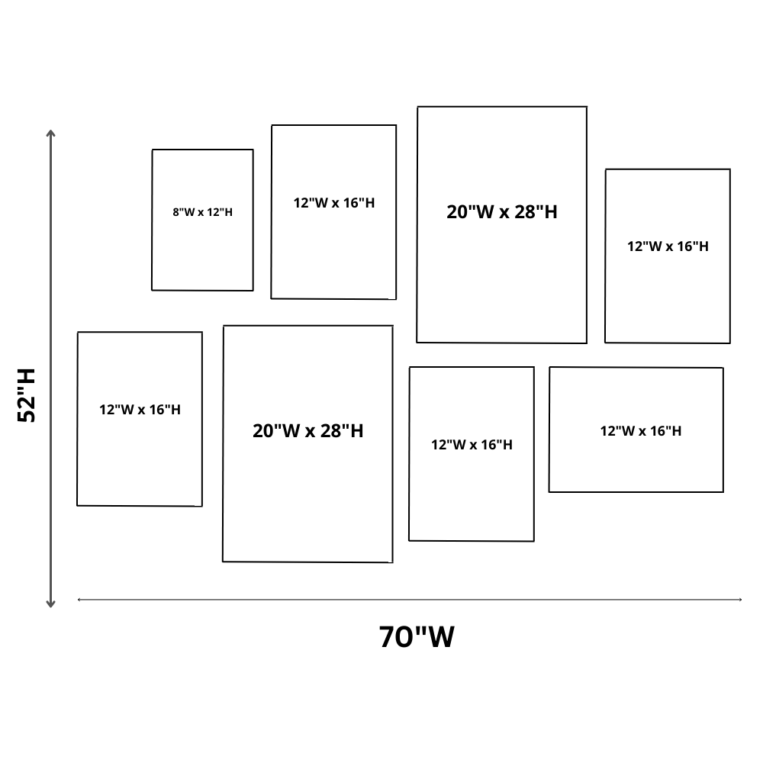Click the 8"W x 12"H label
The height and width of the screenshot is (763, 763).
point(202,212)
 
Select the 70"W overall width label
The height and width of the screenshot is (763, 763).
point(417,636)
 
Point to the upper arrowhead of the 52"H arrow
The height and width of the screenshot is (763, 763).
point(51,134)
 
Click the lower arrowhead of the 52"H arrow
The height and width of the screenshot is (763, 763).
point(51,604)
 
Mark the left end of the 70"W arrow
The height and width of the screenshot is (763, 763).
point(79,600)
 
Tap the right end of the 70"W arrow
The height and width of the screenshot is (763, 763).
point(740,600)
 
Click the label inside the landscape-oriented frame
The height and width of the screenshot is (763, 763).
point(640,431)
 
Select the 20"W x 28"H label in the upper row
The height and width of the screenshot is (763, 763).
point(502,212)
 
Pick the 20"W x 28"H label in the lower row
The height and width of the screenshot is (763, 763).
point(307,431)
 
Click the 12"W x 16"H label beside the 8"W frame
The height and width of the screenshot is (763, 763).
point(334,203)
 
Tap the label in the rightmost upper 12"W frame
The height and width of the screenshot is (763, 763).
point(668,246)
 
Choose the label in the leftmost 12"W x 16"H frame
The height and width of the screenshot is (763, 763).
point(140,410)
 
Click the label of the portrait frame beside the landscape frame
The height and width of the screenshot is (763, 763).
point(472,445)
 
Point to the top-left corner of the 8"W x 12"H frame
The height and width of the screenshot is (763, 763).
point(153,150)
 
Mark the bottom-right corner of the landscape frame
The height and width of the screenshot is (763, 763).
point(723,491)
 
